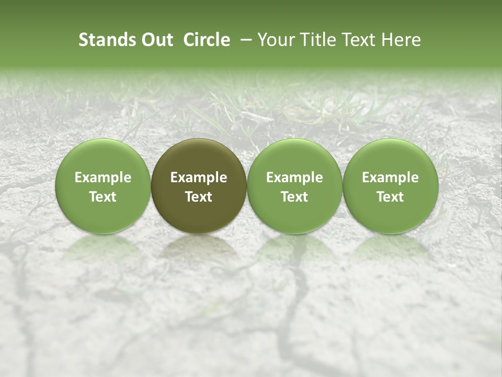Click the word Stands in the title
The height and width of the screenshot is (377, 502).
[x=102, y=40]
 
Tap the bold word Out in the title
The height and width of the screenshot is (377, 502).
[x=156, y=40]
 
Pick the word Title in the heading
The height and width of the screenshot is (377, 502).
[x=316, y=40]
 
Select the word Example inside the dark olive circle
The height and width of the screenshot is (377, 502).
[x=199, y=178]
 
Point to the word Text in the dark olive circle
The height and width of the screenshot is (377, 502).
[x=199, y=197]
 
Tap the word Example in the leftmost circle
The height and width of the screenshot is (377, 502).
[x=103, y=178]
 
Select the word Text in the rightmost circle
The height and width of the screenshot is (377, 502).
[x=391, y=197]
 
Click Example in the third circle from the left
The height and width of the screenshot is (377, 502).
[x=294, y=178]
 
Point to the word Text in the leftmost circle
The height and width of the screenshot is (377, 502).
[x=103, y=197]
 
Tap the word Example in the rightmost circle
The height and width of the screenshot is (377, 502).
[x=391, y=178]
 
